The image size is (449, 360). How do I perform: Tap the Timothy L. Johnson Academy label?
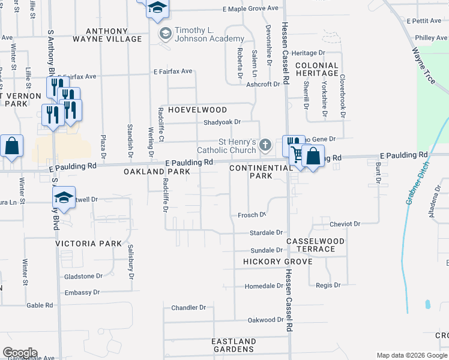click(x=201, y=35)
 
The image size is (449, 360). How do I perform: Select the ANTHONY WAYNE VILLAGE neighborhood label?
click(x=107, y=35)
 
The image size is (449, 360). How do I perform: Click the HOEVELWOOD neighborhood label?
click(x=197, y=110)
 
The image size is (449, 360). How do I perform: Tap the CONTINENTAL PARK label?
click(x=261, y=172)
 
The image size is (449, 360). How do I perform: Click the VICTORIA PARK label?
click(x=89, y=244)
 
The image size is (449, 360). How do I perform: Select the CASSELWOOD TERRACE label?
click(x=315, y=245)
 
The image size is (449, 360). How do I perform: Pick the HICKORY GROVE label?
click(x=277, y=262)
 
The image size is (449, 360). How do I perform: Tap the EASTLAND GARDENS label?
click(x=234, y=345)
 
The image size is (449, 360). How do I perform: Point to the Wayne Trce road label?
click(x=426, y=64)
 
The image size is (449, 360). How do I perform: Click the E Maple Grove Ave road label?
click(x=250, y=9)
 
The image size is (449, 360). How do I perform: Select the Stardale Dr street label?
click(x=267, y=232)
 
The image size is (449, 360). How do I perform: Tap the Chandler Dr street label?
click(x=188, y=307)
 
